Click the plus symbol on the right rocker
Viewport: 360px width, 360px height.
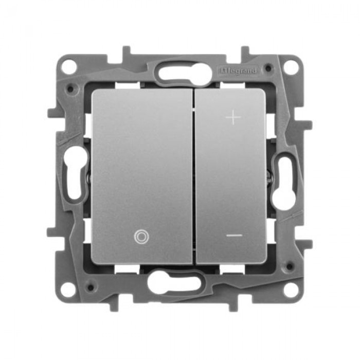pos(233,117)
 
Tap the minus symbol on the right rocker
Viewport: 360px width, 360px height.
pos(234,235)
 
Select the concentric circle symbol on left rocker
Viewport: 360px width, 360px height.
pos(141,237)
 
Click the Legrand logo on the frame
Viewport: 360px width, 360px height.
pos(238,71)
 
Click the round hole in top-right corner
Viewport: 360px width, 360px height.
pos(291,67)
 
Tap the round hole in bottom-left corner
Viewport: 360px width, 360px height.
pos(68,290)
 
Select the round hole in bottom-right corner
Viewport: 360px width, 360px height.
pos(291,290)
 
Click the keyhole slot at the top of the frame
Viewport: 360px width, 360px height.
pos(185,73)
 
